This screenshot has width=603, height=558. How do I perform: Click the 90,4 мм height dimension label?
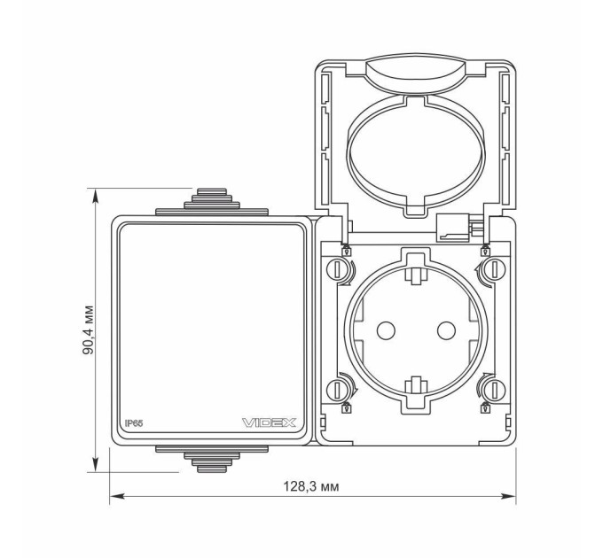tap(88, 329)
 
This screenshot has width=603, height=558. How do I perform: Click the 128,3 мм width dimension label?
tap(311, 487)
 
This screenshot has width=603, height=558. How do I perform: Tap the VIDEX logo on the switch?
tap(270, 422)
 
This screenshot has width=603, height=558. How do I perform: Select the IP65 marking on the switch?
tap(134, 423)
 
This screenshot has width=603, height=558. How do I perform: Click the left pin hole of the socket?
tap(386, 330)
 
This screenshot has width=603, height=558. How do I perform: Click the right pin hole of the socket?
tap(446, 330)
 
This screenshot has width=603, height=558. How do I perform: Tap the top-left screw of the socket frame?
tap(337, 269)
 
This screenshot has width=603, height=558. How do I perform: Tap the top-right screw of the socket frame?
tap(495, 269)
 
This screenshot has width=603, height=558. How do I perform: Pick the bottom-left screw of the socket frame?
tap(337, 390)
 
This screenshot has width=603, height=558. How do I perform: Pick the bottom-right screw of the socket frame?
tap(495, 390)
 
